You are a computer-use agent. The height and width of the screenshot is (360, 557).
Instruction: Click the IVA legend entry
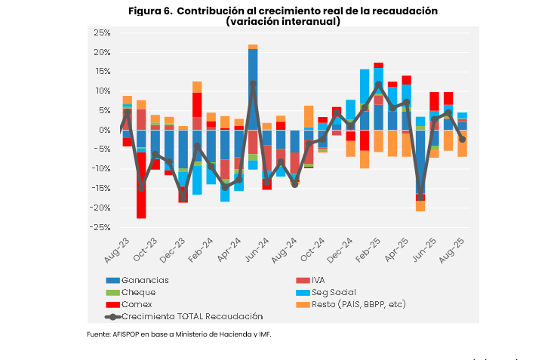coord(323,280)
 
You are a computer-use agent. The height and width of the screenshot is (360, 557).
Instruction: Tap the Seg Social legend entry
coord(334,292)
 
